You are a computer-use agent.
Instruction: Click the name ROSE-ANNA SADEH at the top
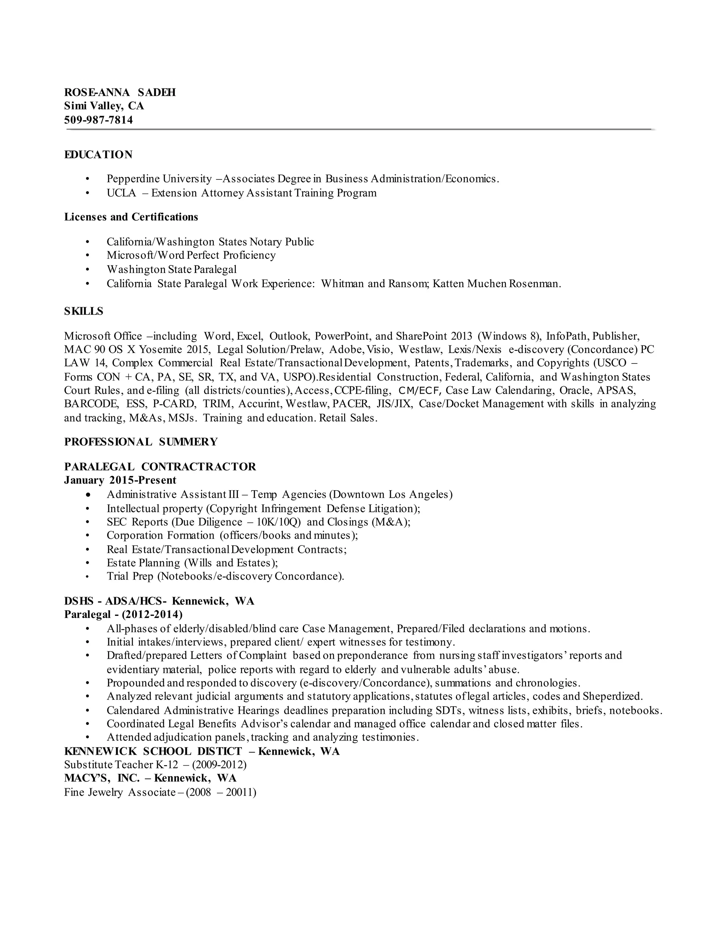coord(120,93)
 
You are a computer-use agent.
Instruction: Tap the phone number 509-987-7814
coord(98,120)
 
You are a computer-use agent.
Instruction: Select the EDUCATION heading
coord(98,155)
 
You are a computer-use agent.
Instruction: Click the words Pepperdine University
coord(159,179)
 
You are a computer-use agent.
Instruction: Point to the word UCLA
coord(121,193)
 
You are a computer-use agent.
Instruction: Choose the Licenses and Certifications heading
coord(131,217)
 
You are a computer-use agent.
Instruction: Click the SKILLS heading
coord(84,311)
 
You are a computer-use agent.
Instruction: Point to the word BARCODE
coord(91,404)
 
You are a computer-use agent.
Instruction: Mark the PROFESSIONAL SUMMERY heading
coord(141,442)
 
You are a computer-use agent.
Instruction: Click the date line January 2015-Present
coord(120,480)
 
